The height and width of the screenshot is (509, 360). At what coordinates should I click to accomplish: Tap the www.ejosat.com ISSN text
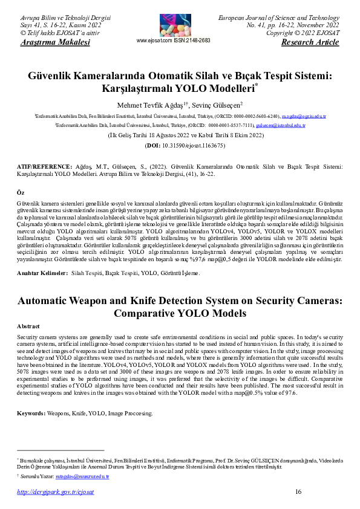(x=174, y=41)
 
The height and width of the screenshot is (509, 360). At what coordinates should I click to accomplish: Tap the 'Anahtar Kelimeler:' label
(x=42, y=274)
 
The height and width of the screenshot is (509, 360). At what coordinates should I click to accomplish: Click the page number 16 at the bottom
(x=298, y=492)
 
